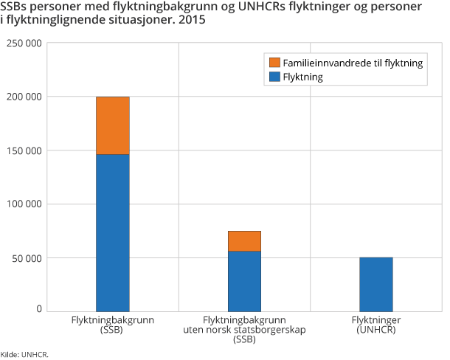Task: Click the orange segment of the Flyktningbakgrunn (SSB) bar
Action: [113, 125]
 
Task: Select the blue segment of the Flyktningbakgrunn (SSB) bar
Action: [113, 232]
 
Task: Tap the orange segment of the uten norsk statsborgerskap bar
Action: [244, 241]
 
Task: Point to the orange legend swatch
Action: [275, 63]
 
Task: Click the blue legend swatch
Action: [275, 76]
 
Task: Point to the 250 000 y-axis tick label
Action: [26, 44]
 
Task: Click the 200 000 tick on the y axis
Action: [26, 97]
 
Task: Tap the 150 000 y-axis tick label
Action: [26, 151]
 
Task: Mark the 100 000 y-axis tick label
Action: [26, 204]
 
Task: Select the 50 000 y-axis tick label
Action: [29, 258]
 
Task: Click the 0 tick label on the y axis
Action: [39, 309]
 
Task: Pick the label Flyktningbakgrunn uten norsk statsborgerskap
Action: [244, 330]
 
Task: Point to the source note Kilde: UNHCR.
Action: [24, 355]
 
